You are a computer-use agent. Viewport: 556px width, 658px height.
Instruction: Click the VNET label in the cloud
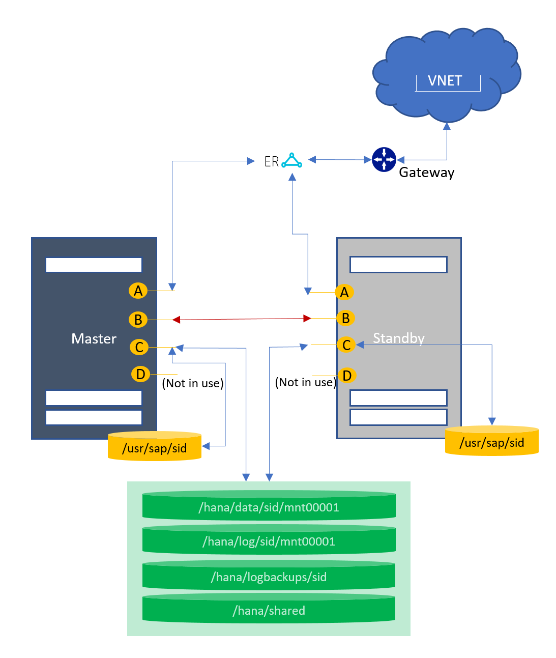445,81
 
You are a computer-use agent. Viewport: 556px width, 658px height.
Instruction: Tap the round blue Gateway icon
384,160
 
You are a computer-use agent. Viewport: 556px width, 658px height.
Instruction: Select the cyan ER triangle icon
292,160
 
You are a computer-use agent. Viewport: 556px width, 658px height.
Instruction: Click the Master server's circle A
138,291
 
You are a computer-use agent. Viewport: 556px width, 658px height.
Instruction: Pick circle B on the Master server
138,320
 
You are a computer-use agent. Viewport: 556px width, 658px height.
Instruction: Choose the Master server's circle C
139,347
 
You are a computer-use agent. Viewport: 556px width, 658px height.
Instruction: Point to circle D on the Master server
140,374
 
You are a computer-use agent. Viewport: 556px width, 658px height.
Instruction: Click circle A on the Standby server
344,292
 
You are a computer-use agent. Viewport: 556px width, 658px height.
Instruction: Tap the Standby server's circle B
345,319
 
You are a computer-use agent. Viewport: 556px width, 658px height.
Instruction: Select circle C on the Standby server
346,345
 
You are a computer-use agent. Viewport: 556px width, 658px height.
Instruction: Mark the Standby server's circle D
347,376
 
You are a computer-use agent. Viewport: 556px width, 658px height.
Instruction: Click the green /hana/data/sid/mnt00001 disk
269,507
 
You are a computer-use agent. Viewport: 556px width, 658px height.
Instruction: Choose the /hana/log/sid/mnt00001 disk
269,541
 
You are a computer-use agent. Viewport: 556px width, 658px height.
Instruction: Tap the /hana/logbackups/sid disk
269,577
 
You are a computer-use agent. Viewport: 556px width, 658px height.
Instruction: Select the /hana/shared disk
269,610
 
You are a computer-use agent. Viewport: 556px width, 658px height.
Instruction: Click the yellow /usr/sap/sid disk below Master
155,448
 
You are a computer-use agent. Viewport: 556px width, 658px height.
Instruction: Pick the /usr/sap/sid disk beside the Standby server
491,442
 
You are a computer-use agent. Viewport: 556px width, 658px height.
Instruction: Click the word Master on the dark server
94,338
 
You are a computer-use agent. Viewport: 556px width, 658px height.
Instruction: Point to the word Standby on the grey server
399,338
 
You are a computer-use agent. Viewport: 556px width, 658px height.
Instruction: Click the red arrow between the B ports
242,319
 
